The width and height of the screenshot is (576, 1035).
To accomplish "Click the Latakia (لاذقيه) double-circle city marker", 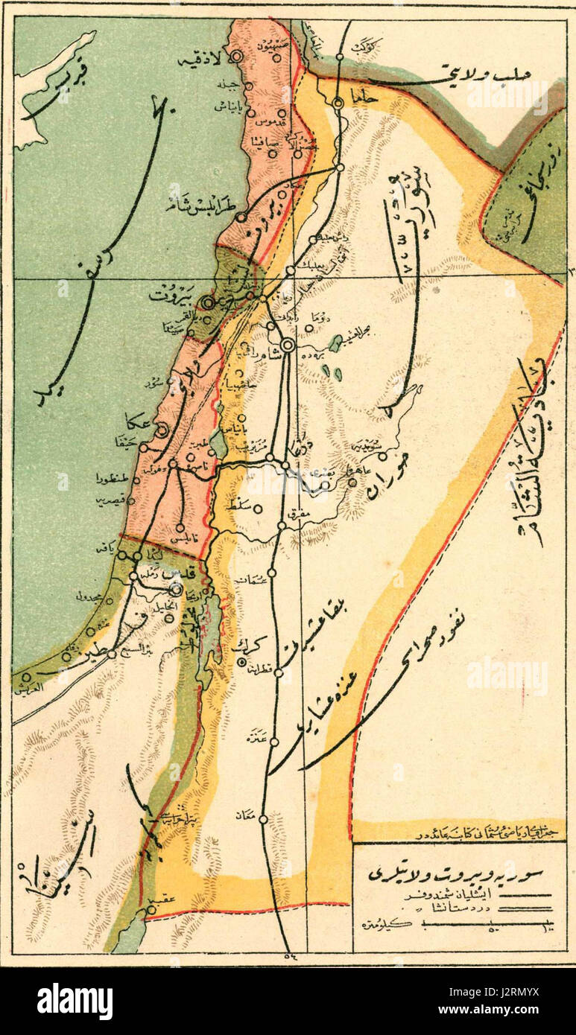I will (x=237, y=56).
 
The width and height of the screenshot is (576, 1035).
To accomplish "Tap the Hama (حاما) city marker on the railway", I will (x=338, y=104).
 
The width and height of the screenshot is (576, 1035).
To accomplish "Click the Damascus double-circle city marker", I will (x=288, y=345).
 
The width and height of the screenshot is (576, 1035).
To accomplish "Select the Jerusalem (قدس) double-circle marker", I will (x=175, y=589).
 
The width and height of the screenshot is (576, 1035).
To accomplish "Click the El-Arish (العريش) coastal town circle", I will (x=26, y=677).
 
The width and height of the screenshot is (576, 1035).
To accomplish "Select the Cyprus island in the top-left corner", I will (x=45, y=89).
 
